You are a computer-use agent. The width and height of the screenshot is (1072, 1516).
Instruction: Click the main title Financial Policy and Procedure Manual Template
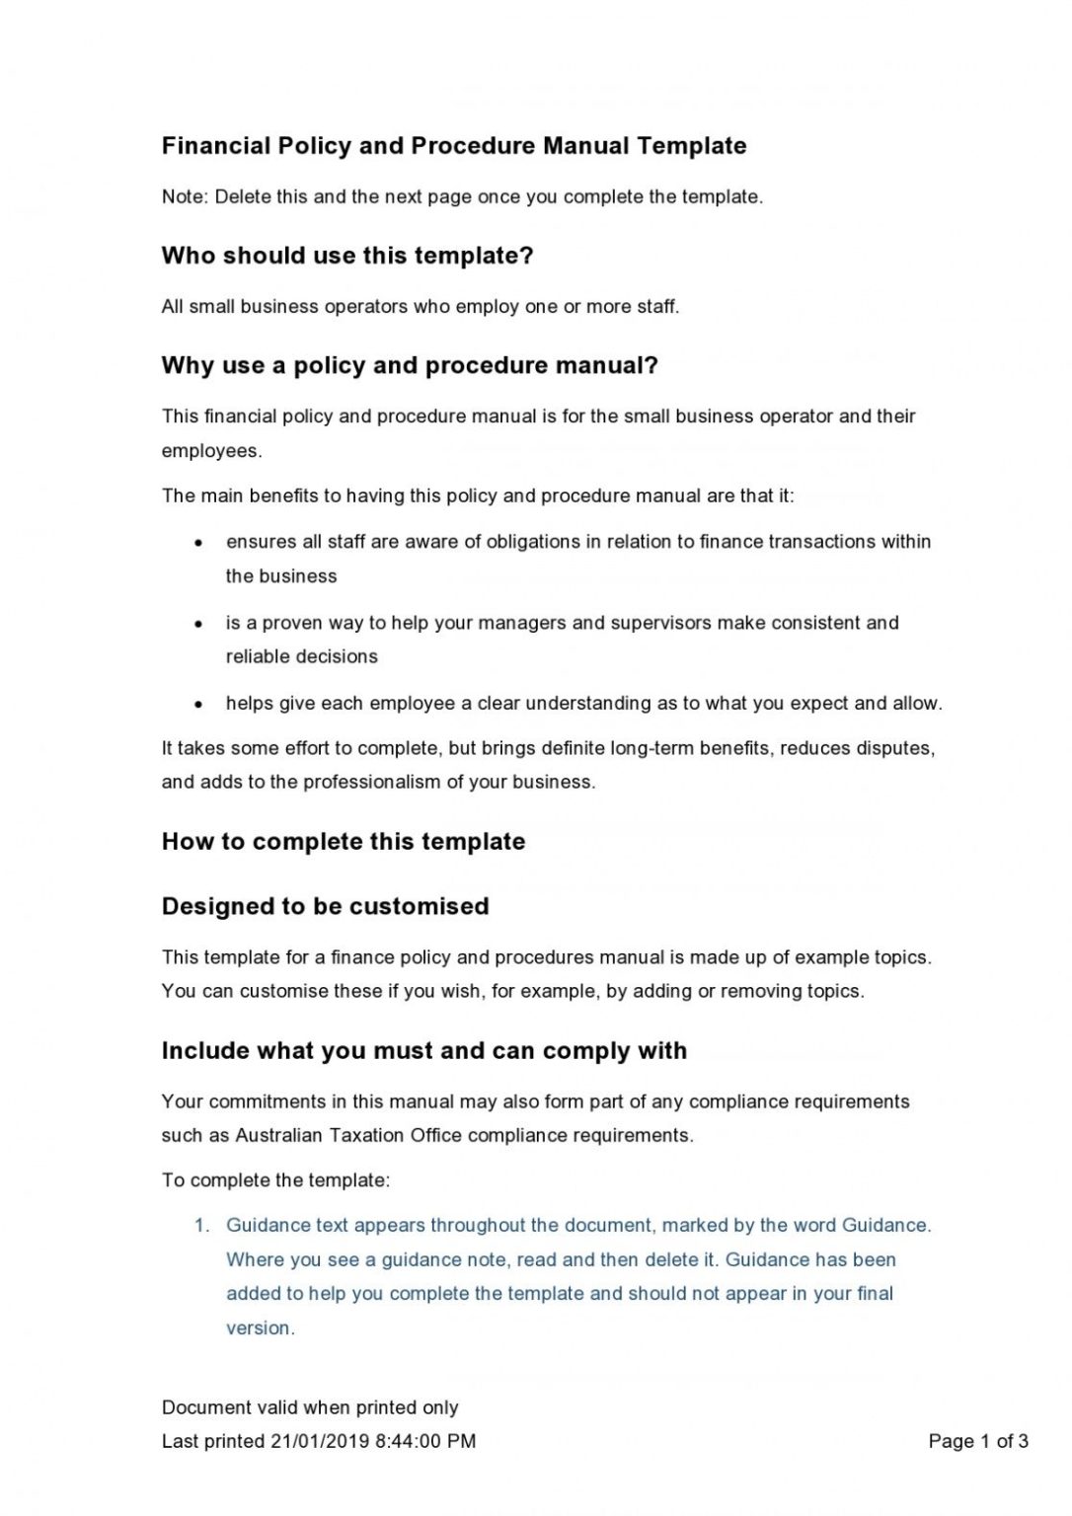(x=454, y=146)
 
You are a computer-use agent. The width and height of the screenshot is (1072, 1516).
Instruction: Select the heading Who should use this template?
(x=347, y=256)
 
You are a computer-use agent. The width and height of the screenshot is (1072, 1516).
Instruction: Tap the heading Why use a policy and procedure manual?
(x=410, y=365)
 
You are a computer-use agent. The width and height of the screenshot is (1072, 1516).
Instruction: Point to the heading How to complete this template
(x=344, y=842)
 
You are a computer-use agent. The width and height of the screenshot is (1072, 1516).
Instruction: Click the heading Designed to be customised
(x=325, y=906)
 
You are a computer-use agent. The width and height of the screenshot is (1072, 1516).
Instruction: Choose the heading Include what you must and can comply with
(x=424, y=1050)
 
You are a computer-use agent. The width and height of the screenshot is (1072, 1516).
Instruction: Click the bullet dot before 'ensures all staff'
(x=199, y=543)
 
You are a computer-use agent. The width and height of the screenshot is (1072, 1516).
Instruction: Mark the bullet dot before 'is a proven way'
(x=199, y=624)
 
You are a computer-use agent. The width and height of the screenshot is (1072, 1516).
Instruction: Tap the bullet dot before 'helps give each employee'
(x=199, y=705)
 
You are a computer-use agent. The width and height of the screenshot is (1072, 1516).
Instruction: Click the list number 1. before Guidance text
(x=202, y=1226)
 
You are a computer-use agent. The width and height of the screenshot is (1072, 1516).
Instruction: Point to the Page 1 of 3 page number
(x=978, y=1441)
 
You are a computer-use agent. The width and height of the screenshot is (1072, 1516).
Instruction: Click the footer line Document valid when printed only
(x=310, y=1407)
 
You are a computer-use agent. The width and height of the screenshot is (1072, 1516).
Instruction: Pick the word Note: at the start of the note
(x=185, y=196)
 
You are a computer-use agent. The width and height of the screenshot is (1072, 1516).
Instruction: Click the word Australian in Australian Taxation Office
(x=278, y=1135)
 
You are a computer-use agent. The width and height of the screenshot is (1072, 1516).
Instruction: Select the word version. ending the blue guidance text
(x=261, y=1327)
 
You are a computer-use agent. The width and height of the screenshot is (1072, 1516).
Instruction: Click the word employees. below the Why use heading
(x=211, y=451)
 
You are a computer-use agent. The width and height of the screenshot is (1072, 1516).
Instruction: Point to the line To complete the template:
(x=276, y=1180)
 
